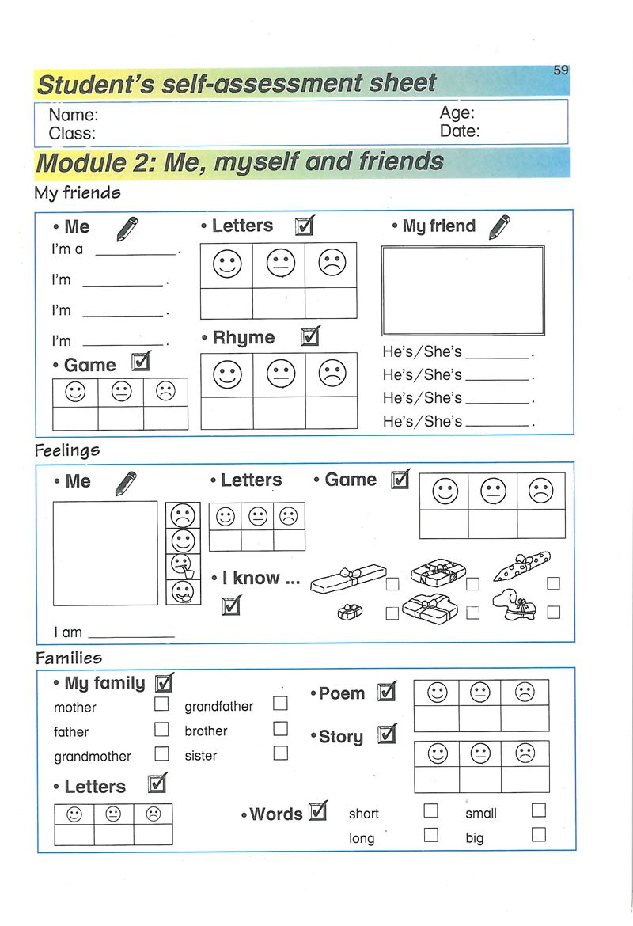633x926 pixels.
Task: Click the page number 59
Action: [561, 70]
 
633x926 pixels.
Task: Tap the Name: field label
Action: [74, 116]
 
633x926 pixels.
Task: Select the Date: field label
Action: [460, 131]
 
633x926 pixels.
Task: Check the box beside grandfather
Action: [280, 703]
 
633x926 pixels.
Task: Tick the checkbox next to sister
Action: [280, 753]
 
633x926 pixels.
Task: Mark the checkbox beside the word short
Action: [430, 810]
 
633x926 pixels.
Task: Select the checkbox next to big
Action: [539, 834]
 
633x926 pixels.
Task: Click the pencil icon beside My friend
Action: [499, 226]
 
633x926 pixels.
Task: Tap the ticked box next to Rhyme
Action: [311, 337]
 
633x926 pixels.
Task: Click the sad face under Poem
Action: [525, 693]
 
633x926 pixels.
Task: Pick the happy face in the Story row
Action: [438, 753]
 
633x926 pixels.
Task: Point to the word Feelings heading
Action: [67, 451]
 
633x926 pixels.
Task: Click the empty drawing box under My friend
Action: [463, 290]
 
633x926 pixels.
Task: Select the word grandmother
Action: [93, 757]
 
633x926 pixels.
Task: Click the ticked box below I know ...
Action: [231, 606]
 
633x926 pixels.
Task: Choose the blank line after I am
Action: [131, 633]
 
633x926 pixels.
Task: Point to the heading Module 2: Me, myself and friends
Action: [241, 163]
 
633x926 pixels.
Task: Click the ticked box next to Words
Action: [317, 810]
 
